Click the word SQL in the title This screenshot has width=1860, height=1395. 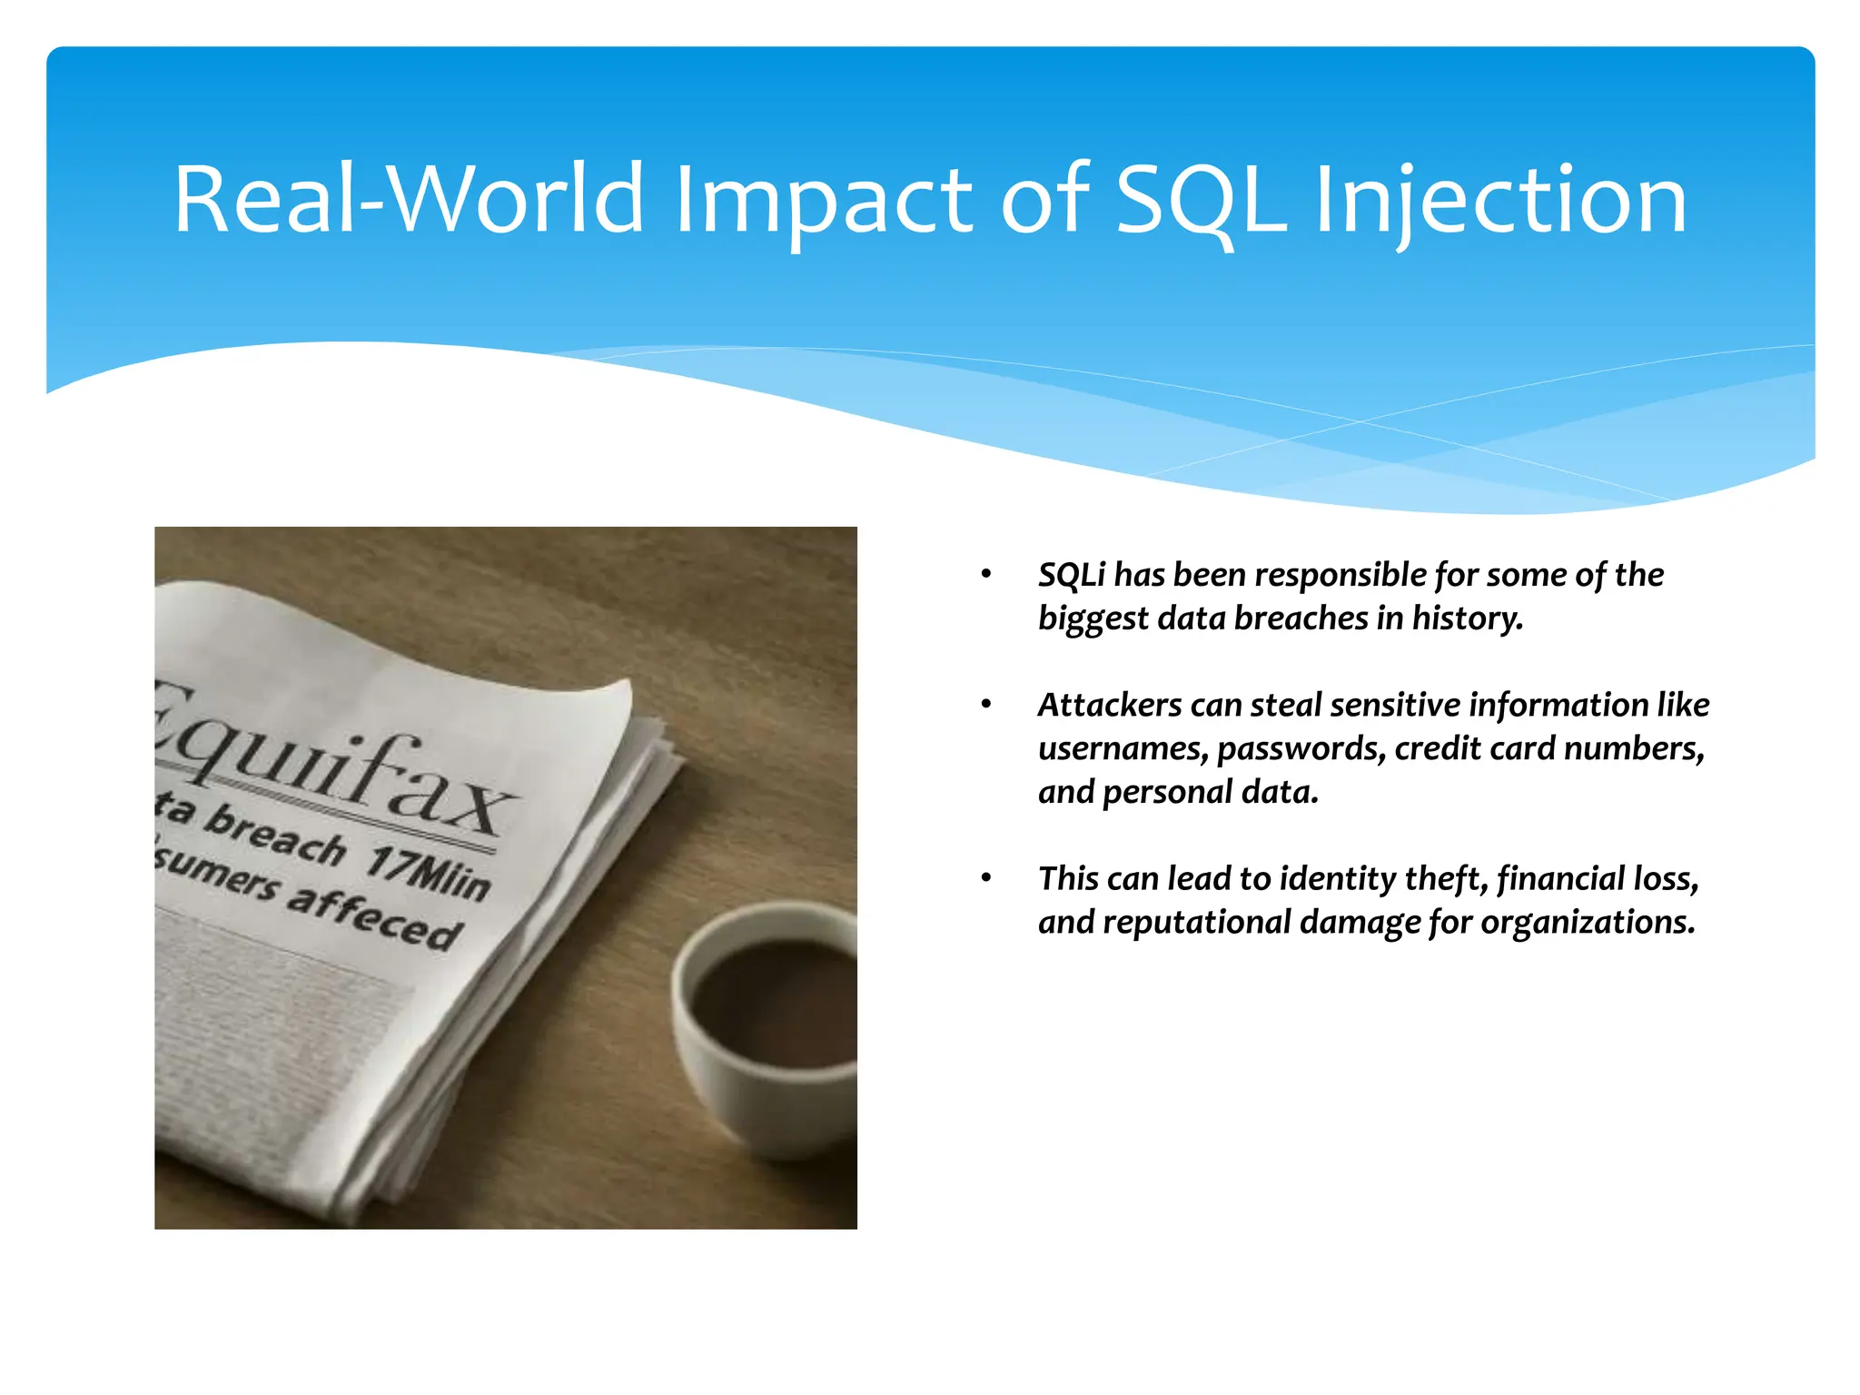tap(1201, 200)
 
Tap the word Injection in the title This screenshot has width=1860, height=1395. tap(1500, 200)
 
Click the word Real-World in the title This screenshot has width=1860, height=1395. tap(409, 200)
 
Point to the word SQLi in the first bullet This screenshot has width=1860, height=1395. tap(1072, 575)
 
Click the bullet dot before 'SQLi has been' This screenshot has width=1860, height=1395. tap(986, 575)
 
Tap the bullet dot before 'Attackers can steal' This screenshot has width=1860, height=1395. tap(986, 706)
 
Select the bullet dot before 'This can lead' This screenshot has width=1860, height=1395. tap(986, 879)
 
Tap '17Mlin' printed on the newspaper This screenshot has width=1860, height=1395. tap(427, 874)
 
